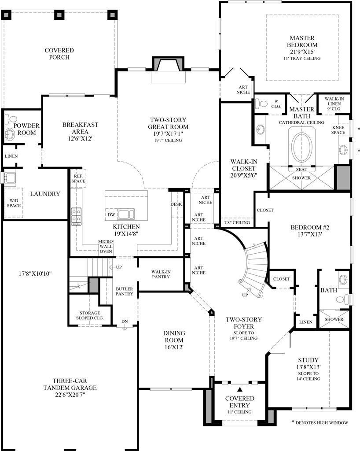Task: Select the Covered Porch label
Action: click(59, 54)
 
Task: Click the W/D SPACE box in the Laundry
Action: click(13, 203)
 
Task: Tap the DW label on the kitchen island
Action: click(111, 214)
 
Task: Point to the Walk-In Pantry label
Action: click(161, 275)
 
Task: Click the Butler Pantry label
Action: click(124, 291)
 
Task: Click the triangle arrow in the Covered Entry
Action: click(239, 389)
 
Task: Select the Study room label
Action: click(308, 360)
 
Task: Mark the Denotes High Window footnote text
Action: click(322, 423)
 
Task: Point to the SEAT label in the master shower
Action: click(301, 170)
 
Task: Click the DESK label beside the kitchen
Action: click(176, 204)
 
